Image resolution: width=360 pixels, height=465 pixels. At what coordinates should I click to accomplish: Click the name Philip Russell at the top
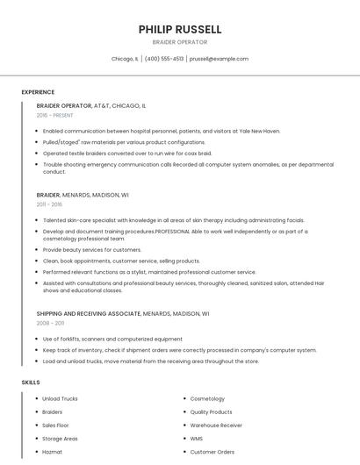click(x=180, y=29)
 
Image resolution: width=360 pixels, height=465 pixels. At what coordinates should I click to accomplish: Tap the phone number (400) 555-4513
click(x=164, y=59)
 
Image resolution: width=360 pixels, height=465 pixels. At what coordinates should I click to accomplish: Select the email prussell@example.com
click(x=219, y=59)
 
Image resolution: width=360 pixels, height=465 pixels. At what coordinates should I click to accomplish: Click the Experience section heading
click(x=38, y=92)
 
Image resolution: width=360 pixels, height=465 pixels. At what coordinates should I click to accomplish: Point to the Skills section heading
click(x=31, y=383)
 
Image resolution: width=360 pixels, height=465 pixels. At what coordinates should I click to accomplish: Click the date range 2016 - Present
click(x=54, y=115)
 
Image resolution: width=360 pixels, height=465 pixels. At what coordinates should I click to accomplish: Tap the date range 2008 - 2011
click(x=50, y=323)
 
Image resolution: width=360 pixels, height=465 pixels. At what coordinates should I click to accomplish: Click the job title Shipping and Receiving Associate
click(x=88, y=313)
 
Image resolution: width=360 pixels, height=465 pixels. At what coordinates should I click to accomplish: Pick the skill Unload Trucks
click(x=60, y=399)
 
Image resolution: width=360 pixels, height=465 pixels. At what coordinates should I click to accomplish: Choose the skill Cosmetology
click(x=207, y=399)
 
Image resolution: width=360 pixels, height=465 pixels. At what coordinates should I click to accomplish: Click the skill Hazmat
click(x=53, y=452)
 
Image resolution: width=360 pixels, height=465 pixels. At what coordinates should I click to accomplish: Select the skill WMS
click(x=197, y=439)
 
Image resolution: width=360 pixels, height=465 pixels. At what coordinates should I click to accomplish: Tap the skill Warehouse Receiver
click(x=216, y=426)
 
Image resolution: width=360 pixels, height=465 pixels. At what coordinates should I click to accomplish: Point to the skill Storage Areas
click(x=60, y=439)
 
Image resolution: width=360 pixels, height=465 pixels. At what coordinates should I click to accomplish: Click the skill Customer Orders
click(x=212, y=452)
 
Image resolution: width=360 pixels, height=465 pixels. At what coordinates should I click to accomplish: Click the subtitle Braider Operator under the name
click(x=180, y=41)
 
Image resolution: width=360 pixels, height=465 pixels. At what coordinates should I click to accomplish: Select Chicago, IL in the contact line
click(x=125, y=59)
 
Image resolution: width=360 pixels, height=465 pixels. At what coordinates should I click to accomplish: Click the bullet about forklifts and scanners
click(x=112, y=339)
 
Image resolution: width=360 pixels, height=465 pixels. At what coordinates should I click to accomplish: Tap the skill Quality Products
click(x=212, y=412)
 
